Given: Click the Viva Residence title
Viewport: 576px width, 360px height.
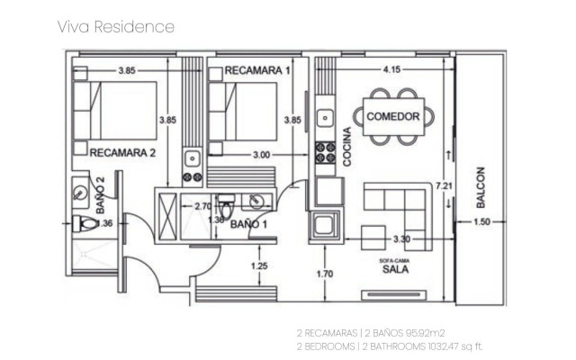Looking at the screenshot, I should click(x=115, y=26).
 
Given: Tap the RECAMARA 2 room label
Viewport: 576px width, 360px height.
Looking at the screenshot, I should click(x=123, y=153).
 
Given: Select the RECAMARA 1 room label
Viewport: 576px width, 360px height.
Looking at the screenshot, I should click(x=257, y=70).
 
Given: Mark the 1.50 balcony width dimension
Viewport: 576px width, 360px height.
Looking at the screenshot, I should click(x=482, y=221).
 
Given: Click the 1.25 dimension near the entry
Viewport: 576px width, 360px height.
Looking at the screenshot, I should click(x=259, y=265).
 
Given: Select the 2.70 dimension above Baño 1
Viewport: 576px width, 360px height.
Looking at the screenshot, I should click(x=203, y=206).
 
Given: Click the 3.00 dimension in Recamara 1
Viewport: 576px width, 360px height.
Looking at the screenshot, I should click(x=261, y=155).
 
